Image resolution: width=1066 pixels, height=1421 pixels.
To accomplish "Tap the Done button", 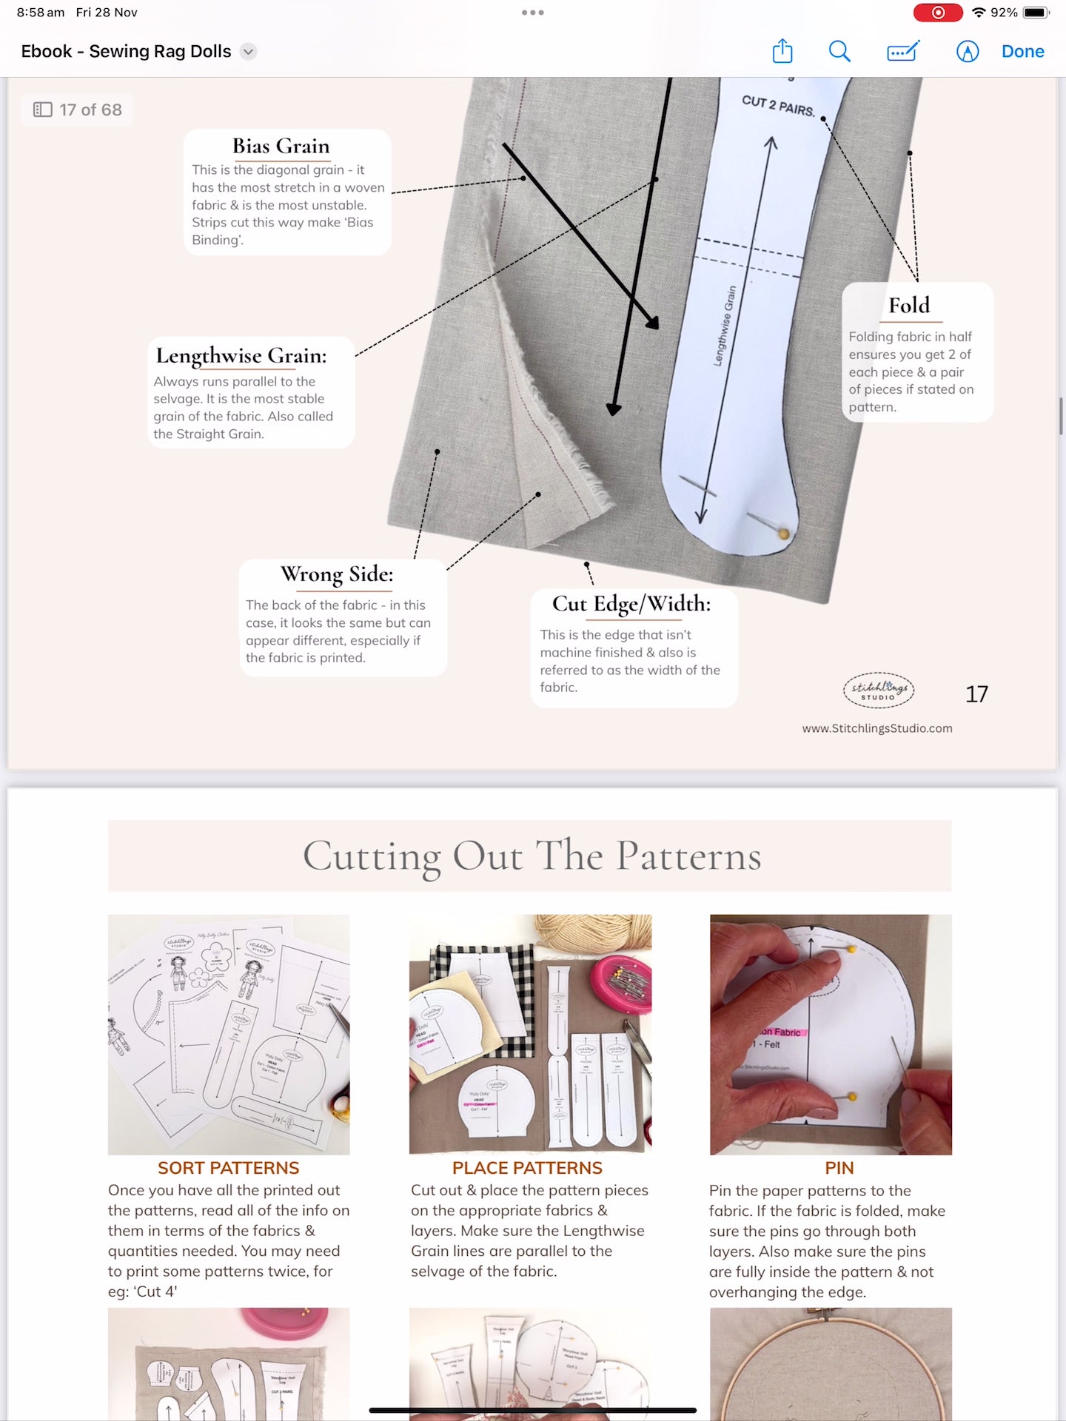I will pyautogui.click(x=1022, y=51).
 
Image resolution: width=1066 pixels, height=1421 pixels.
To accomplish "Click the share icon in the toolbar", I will pyautogui.click(x=782, y=51).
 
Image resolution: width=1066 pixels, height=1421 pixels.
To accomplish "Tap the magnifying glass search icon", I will pyautogui.click(x=839, y=51).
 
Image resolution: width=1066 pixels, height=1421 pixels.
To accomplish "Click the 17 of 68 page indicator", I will pyautogui.click(x=78, y=110).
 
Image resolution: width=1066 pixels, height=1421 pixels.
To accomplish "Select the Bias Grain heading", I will pyautogui.click(x=281, y=146).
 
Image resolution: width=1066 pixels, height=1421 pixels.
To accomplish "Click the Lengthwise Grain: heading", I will pyautogui.click(x=241, y=356).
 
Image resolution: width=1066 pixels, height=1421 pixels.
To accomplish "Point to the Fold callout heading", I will pyautogui.click(x=909, y=305).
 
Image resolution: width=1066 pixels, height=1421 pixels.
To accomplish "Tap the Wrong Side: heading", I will pyautogui.click(x=337, y=574).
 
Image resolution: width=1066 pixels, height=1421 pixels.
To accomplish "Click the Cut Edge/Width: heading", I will pyautogui.click(x=631, y=604).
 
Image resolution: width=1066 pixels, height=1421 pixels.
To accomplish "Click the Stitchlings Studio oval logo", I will pyautogui.click(x=879, y=691).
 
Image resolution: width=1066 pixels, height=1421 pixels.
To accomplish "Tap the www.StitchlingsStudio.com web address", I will pyautogui.click(x=877, y=728).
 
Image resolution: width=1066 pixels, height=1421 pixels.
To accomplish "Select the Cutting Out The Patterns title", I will pyautogui.click(x=532, y=856).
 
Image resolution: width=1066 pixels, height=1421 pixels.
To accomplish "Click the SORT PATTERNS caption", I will pyautogui.click(x=228, y=1168).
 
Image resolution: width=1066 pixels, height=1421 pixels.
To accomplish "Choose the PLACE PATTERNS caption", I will pyautogui.click(x=527, y=1168).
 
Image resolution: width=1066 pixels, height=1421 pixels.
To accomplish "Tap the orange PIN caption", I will pyautogui.click(x=839, y=1168).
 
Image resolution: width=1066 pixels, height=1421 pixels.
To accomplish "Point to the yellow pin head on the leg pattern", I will pyautogui.click(x=783, y=533).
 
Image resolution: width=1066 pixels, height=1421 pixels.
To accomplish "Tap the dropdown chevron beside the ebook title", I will pyautogui.click(x=249, y=51).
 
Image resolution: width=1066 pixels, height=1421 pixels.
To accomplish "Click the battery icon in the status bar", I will pyautogui.click(x=1036, y=13).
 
